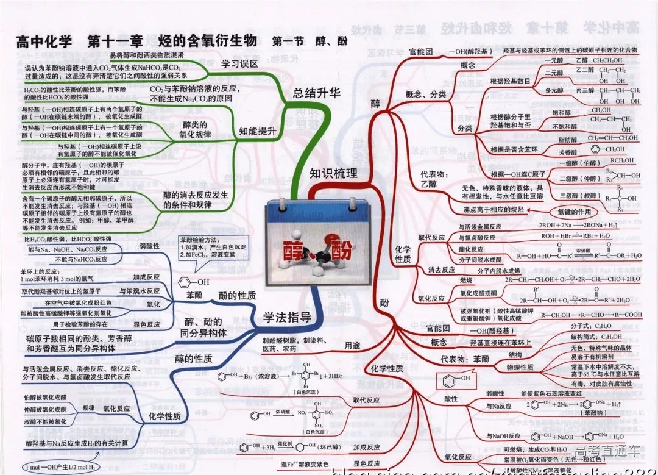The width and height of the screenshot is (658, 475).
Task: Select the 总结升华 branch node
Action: pos(316,93)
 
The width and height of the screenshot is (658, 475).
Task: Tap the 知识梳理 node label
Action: pos(333,173)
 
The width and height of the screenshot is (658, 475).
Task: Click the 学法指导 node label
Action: pos(287,317)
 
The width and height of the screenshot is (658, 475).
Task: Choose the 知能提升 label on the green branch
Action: pos(258,130)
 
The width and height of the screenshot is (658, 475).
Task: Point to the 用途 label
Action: pos(352,345)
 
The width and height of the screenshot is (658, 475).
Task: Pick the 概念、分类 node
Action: pos(425,94)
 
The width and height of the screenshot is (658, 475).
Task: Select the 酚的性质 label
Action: pos(237,296)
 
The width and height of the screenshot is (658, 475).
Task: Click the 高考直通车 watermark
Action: pos(607,451)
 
